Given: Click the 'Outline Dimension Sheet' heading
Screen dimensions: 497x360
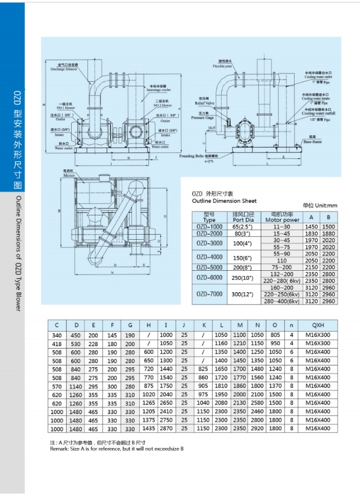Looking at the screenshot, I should click(x=224, y=201).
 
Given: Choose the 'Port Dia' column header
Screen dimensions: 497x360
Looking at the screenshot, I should click(x=244, y=220).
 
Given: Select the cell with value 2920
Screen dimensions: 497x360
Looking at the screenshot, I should click(x=257, y=429).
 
